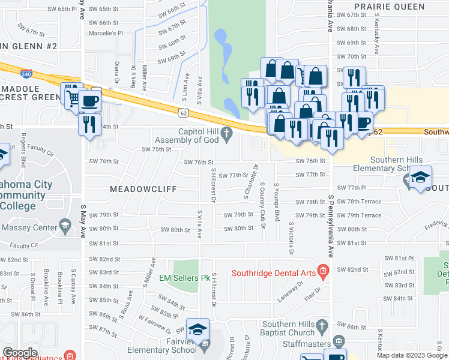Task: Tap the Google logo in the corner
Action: tap(20, 352)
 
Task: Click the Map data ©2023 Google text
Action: tap(412, 355)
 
